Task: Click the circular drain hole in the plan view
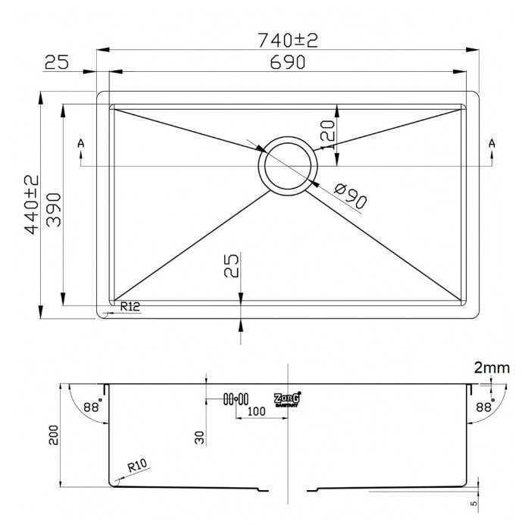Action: (286, 165)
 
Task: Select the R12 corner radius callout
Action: (131, 306)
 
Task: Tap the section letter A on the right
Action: (492, 143)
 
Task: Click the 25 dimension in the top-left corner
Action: (57, 63)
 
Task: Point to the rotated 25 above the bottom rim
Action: (232, 267)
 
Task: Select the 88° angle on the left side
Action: (91, 407)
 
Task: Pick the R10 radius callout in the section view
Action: (137, 467)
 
